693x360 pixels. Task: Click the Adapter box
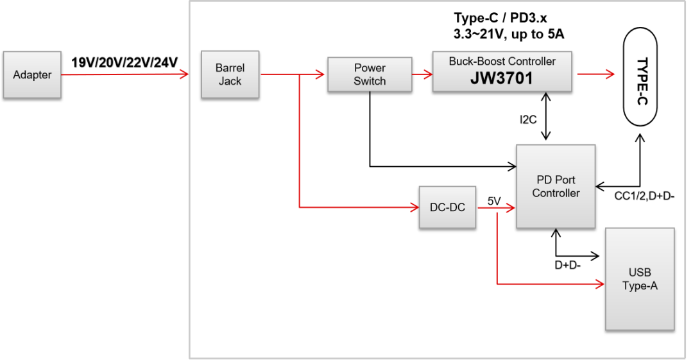[32, 75]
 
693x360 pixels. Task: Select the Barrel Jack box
[230, 74]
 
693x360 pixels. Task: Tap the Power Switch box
[370, 74]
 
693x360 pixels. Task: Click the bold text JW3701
[502, 78]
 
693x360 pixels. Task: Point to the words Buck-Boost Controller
[502, 62]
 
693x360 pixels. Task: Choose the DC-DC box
[447, 207]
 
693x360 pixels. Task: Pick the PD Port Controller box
[556, 186]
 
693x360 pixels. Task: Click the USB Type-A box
[640, 279]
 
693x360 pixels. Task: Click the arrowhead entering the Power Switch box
[320, 74]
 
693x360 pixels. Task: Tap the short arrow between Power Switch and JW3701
[422, 74]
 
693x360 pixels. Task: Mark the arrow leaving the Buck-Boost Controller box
[596, 74]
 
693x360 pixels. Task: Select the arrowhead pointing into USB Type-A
[601, 283]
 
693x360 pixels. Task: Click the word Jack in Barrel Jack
[230, 81]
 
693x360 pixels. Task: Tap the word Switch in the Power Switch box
[370, 81]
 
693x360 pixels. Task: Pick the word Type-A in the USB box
[640, 286]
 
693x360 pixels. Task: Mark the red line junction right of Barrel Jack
[300, 75]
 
